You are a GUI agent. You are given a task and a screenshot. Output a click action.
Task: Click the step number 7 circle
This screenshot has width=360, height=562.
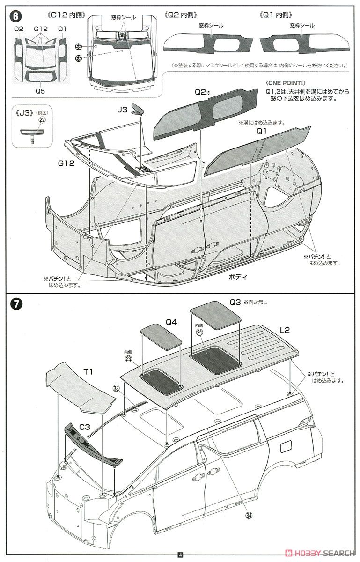click(15, 303)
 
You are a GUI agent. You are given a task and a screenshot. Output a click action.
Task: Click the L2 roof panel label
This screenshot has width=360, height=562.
click(284, 330)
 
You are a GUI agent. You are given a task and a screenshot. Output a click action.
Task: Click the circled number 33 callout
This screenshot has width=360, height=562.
click(116, 388)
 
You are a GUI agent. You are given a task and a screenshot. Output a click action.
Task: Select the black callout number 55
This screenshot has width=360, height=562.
click(78, 59)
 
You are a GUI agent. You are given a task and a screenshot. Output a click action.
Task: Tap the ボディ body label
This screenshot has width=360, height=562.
click(238, 277)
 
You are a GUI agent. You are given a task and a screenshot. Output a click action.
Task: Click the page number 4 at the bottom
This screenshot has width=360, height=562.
click(180, 556)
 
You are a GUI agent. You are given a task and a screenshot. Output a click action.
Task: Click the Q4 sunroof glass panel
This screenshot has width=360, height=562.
click(161, 336)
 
